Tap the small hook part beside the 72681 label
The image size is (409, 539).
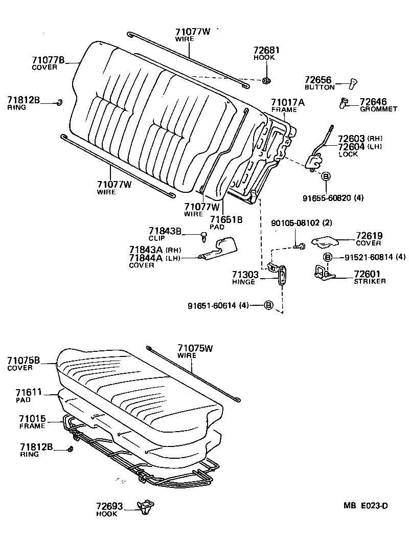click(267, 80)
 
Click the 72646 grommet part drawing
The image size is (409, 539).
click(344, 104)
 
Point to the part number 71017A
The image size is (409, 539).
click(288, 102)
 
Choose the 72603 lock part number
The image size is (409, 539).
click(351, 139)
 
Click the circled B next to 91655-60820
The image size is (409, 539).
click(325, 176)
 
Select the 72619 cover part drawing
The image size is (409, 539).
click(327, 240)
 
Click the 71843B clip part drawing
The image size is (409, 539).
click(204, 236)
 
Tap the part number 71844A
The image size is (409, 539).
click(146, 258)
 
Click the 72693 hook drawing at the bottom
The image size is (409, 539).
click(145, 506)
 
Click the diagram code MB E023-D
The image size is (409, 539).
click(365, 506)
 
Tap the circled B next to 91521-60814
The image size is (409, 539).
click(328, 257)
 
